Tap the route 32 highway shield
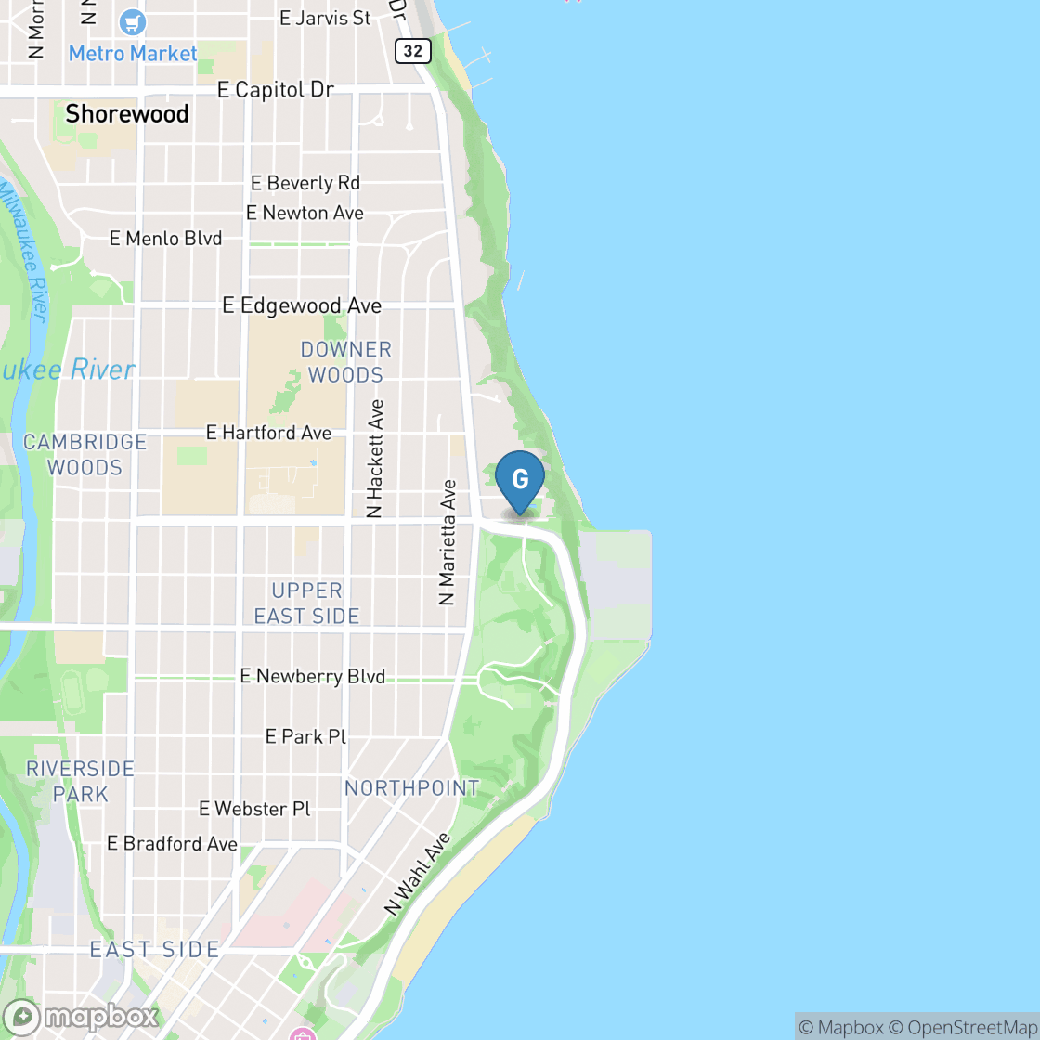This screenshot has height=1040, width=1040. [412, 51]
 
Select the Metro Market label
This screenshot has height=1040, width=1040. [133, 53]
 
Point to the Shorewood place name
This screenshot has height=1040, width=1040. [127, 114]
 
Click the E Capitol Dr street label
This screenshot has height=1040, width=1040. [275, 90]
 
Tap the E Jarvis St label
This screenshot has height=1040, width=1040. [324, 18]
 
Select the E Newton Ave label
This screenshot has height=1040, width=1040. [305, 213]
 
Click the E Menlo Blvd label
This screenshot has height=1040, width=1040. [165, 239]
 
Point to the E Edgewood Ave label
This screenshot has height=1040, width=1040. [302, 305]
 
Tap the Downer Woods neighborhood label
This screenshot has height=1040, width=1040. [345, 362]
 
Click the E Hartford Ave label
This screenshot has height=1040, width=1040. [268, 433]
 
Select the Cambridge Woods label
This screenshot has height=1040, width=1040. [84, 455]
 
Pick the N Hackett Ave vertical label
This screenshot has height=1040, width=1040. [376, 459]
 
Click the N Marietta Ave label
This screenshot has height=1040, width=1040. [448, 542]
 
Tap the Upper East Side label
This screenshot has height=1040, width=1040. [306, 603]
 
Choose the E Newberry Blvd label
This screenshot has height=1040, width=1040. [312, 676]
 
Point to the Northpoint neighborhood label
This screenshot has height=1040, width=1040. [412, 788]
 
